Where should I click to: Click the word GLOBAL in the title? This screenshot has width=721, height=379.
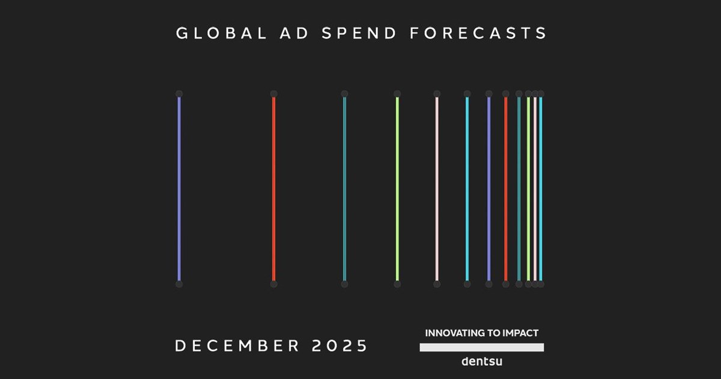click(222, 33)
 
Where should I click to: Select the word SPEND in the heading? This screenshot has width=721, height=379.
click(359, 33)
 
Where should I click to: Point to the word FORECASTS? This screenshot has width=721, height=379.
click(478, 33)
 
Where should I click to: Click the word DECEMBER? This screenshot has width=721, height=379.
click(237, 345)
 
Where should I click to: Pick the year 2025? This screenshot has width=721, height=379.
click(339, 345)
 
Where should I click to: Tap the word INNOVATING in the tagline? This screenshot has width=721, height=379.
click(454, 333)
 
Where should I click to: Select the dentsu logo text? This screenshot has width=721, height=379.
click(482, 362)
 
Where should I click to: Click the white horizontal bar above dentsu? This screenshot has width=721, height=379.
click(482, 347)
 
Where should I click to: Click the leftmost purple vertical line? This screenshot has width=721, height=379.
click(179, 189)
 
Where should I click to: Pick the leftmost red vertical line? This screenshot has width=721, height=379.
click(273, 189)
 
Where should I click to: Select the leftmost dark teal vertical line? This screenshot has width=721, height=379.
click(345, 189)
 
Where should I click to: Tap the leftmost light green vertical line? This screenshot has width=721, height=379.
click(397, 189)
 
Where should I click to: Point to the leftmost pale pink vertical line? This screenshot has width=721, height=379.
click(437, 189)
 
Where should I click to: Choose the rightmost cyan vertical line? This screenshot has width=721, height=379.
click(541, 189)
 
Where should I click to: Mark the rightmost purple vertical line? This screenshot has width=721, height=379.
click(489, 189)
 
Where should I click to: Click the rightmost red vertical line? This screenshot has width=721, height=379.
click(506, 189)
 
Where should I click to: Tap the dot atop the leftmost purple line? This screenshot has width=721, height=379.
click(179, 94)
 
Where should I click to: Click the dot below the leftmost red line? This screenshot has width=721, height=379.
click(273, 284)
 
